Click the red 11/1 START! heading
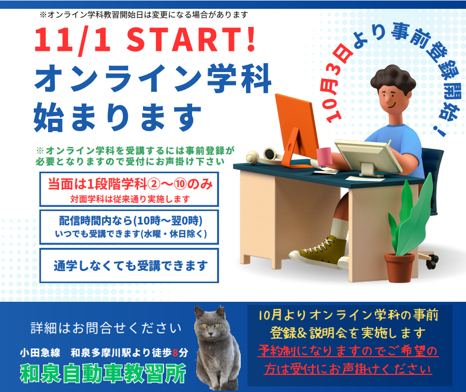[x=145, y=40]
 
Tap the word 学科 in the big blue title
[x=240, y=79]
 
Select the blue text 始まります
[x=118, y=117]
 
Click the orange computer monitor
[x=297, y=130]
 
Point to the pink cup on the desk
[x=325, y=156]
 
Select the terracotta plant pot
[x=399, y=267]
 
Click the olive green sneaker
[x=318, y=251]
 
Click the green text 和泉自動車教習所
[x=103, y=373]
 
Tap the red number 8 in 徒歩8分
[x=176, y=353]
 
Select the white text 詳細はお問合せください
[x=106, y=328]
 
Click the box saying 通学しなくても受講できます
[x=129, y=265]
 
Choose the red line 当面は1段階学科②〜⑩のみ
[x=130, y=184]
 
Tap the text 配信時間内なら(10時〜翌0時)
[x=131, y=221]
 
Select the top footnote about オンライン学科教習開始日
[x=143, y=15]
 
